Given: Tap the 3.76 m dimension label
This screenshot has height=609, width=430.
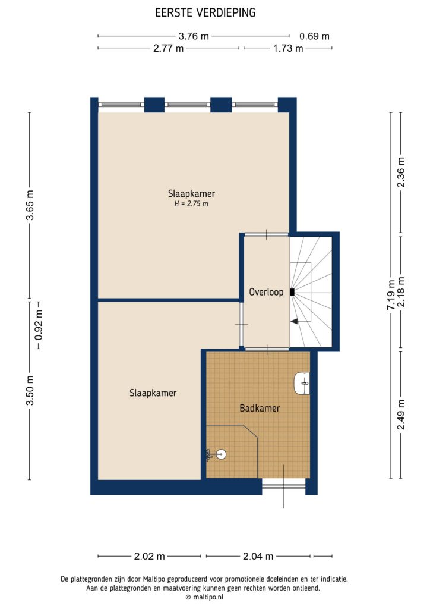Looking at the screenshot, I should pyautogui.click(x=194, y=36).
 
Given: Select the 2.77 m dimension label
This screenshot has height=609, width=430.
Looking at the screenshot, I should pyautogui.click(x=168, y=49).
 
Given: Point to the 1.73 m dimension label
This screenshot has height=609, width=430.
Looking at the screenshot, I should pyautogui.click(x=288, y=49).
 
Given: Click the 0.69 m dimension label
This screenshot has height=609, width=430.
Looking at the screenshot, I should pyautogui.click(x=314, y=36).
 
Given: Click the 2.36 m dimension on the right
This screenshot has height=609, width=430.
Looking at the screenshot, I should pyautogui.click(x=401, y=172).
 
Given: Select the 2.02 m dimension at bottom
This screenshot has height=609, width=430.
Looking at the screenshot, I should pyautogui.click(x=150, y=557).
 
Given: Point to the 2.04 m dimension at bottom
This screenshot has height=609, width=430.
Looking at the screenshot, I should pyautogui.click(x=258, y=557).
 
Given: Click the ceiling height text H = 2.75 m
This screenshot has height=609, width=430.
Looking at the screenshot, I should pyautogui.click(x=191, y=204).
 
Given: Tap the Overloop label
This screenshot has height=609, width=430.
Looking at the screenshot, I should pyautogui.click(x=266, y=293).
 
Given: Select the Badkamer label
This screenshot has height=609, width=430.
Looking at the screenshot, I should pyautogui.click(x=260, y=408).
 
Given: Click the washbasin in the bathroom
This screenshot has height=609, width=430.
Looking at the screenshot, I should pyautogui.click(x=302, y=384).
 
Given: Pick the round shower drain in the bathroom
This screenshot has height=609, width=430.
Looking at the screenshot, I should pyautogui.click(x=220, y=454).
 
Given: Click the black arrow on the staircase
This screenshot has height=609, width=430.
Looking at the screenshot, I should pyautogui.click(x=294, y=321).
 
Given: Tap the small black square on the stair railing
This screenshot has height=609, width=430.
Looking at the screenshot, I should pyautogui.click(x=292, y=291).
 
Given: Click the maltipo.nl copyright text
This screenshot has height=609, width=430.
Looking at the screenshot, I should pyautogui.click(x=204, y=597).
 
